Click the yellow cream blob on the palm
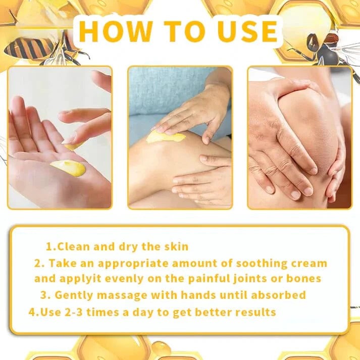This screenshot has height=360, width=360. coord(68,168)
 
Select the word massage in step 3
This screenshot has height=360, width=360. coord(120,295)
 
